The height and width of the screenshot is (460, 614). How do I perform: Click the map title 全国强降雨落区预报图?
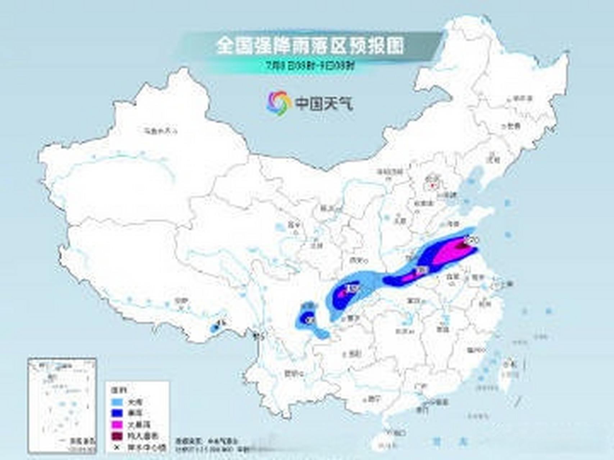coord(310,46)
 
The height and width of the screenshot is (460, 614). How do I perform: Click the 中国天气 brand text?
coord(324,103)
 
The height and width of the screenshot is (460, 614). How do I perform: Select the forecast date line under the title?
coord(310,66)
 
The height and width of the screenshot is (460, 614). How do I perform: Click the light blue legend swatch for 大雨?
coord(117,402)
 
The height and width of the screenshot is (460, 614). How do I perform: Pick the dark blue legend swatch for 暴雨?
coord(117,413)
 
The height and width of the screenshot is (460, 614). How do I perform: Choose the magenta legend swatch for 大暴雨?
coord(117,424)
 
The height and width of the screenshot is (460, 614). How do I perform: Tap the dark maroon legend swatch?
coord(117,436)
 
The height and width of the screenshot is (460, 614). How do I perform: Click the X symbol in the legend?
coord(117,447)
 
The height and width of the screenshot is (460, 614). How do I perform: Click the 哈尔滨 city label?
coord(522,98)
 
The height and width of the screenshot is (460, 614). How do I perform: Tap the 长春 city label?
coord(513,126)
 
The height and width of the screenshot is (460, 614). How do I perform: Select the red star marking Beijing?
coord(432,186)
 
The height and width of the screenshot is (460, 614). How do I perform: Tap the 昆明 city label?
coord(292,374)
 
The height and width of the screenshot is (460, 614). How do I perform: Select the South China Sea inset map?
coord(62,405)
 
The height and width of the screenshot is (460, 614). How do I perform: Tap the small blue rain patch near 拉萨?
coord(215,327)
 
